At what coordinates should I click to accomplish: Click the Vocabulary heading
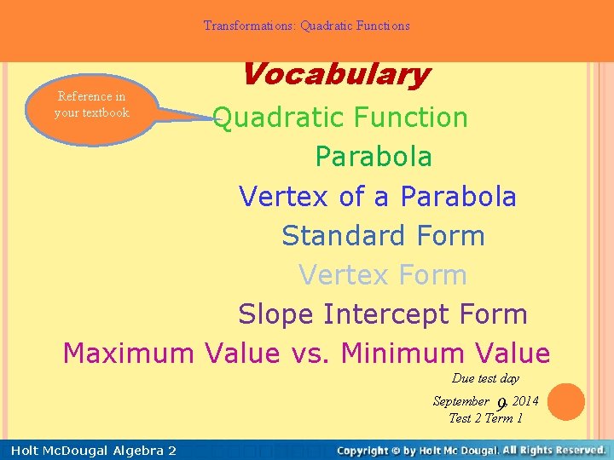pyautogui.click(x=335, y=75)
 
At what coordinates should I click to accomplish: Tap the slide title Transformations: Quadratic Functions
pyautogui.click(x=306, y=26)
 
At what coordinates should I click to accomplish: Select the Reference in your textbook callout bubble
pyautogui.click(x=91, y=105)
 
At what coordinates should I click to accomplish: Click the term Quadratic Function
pyautogui.click(x=340, y=118)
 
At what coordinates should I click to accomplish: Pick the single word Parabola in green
pyautogui.click(x=374, y=157)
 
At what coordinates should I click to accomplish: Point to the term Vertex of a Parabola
pyautogui.click(x=378, y=197)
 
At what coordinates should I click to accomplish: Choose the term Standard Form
pyautogui.click(x=383, y=236)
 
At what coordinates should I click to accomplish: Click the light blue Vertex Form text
pyautogui.click(x=383, y=275)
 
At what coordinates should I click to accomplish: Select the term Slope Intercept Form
pyautogui.click(x=383, y=314)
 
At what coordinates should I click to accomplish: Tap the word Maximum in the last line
pyautogui.click(x=127, y=353)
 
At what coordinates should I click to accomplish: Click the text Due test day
pyautogui.click(x=485, y=378)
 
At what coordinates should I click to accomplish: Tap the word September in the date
pyautogui.click(x=460, y=401)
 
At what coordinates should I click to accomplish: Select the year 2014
pyautogui.click(x=525, y=401)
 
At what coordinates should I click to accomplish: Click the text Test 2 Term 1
pyautogui.click(x=485, y=418)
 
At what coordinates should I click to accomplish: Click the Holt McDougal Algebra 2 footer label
pyautogui.click(x=90, y=450)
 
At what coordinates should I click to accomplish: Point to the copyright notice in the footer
pyautogui.click(x=472, y=450)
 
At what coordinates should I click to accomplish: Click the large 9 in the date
pyautogui.click(x=502, y=404)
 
